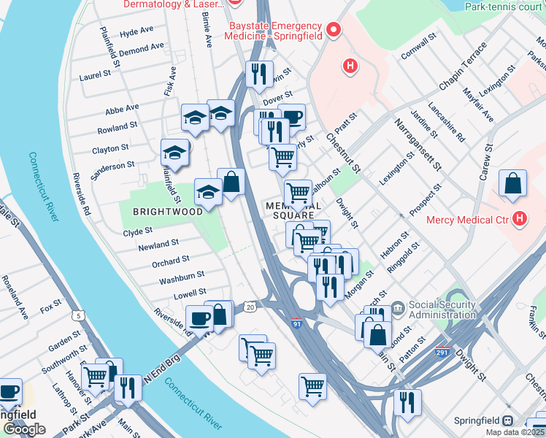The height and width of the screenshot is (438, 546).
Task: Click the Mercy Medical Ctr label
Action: pos(469,219)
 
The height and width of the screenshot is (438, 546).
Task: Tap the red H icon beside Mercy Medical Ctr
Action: pos(520,218)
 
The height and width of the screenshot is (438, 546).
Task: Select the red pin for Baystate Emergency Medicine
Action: pos(334,30)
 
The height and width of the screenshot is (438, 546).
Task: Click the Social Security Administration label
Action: pos(442,310)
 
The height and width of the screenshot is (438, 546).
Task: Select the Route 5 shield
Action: pos(78,315)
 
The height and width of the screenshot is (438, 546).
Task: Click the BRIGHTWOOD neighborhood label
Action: pos(167,212)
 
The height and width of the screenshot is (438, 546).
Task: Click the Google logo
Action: pos(24,429)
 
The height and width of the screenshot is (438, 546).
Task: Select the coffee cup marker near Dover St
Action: pos(291,117)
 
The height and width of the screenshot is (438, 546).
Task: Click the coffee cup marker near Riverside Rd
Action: pos(199,318)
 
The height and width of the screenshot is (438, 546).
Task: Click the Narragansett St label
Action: pos(415,143)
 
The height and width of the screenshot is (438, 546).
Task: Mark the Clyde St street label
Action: pos(137,231)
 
